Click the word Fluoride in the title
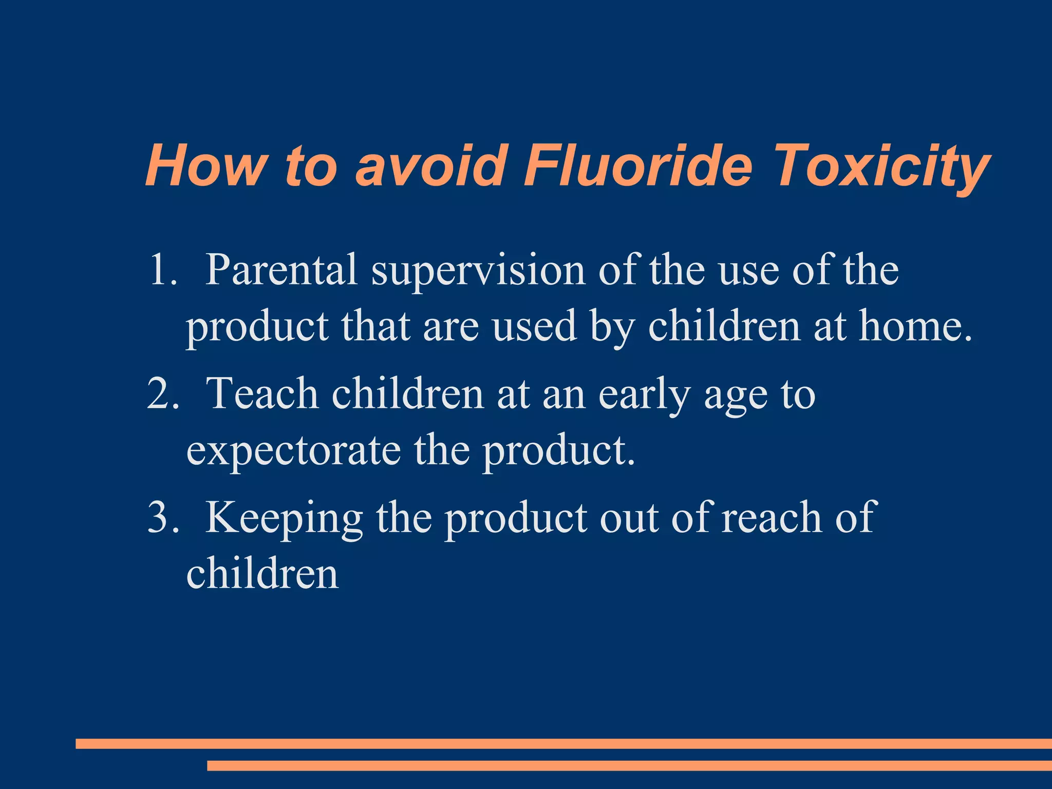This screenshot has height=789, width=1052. [x=637, y=166]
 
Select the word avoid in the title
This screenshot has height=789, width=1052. [x=428, y=166]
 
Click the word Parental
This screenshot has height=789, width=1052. [x=281, y=270]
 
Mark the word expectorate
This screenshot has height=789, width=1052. [x=293, y=451]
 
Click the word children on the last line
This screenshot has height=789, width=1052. [x=262, y=573]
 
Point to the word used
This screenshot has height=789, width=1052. [x=534, y=327]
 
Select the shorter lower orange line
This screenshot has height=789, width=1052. [x=629, y=766]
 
